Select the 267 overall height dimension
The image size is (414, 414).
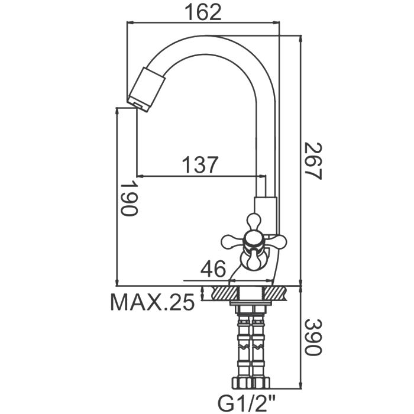[313, 161]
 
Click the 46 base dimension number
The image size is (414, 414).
[213, 270]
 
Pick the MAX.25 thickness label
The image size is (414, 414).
[153, 303]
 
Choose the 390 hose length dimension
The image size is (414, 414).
[313, 338]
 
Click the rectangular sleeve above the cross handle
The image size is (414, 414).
[264, 206]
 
